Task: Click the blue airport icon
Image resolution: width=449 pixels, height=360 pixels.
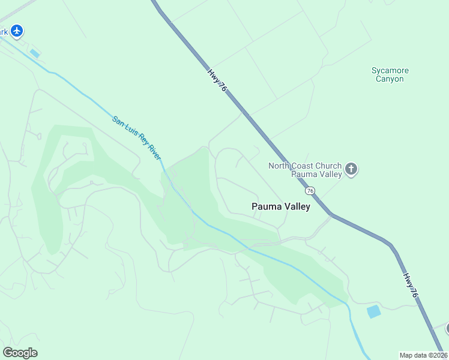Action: (x=17, y=30)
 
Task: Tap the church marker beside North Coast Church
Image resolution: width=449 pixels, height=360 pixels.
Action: (x=352, y=170)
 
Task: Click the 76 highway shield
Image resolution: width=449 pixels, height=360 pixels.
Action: (x=310, y=190)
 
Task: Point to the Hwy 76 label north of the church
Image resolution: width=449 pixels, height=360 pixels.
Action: (x=217, y=80)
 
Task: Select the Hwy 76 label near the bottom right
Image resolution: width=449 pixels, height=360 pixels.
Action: (x=411, y=286)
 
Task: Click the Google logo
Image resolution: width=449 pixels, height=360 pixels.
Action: (x=20, y=353)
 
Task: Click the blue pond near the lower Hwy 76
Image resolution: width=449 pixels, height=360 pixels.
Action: (x=373, y=311)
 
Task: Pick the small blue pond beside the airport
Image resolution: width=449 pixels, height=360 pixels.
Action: (x=35, y=53)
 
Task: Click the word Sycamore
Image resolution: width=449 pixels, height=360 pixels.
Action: (x=390, y=71)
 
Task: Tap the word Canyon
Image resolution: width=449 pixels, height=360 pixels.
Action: (x=390, y=79)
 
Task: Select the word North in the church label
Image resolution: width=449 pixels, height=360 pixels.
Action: (x=279, y=166)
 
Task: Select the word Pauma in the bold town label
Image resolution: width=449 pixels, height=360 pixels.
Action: (x=265, y=207)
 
